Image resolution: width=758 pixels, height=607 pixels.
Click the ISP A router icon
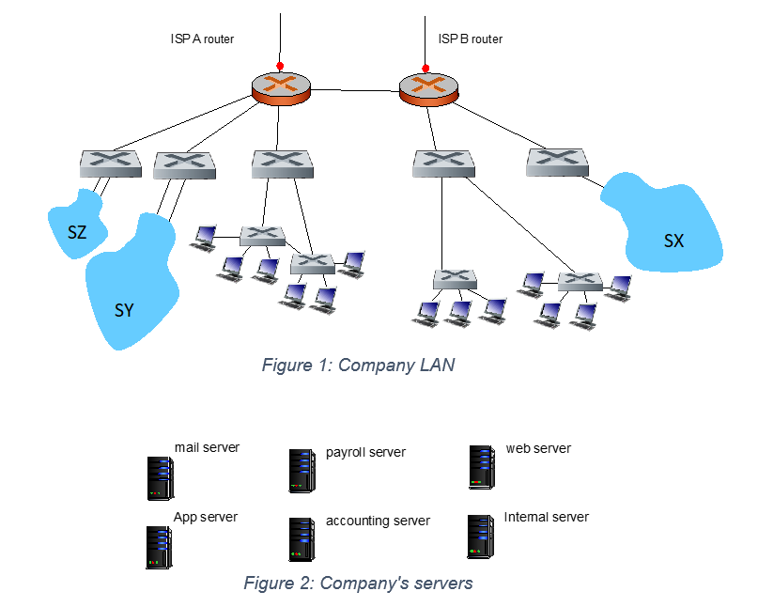(281, 86)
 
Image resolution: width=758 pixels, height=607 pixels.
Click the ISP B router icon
(428, 87)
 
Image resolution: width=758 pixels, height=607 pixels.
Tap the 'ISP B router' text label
(470, 39)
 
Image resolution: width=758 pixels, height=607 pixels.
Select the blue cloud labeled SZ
(75, 226)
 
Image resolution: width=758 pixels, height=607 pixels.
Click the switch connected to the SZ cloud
(110, 163)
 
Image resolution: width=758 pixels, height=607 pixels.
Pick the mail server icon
(159, 477)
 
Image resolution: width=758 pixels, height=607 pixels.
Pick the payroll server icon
(301, 471)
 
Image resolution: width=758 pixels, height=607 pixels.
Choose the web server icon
(480, 467)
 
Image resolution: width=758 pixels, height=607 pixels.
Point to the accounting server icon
(301, 539)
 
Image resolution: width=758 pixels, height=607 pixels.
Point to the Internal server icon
(480, 537)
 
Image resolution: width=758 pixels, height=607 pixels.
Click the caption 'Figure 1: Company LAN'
(358, 366)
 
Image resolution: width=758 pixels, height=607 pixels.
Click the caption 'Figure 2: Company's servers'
(358, 584)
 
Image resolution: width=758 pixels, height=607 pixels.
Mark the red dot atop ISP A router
(279, 66)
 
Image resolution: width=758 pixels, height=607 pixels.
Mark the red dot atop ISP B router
(425, 68)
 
